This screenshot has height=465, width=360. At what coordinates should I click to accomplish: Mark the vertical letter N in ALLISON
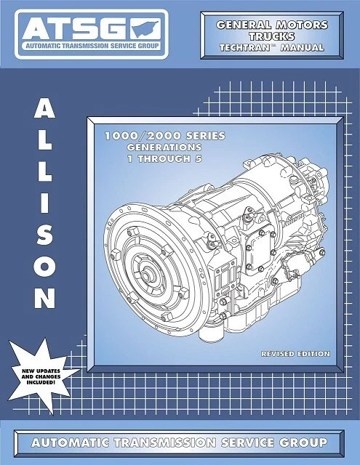coord(44,298)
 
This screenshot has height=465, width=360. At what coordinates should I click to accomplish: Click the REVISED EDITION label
coord(295,354)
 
